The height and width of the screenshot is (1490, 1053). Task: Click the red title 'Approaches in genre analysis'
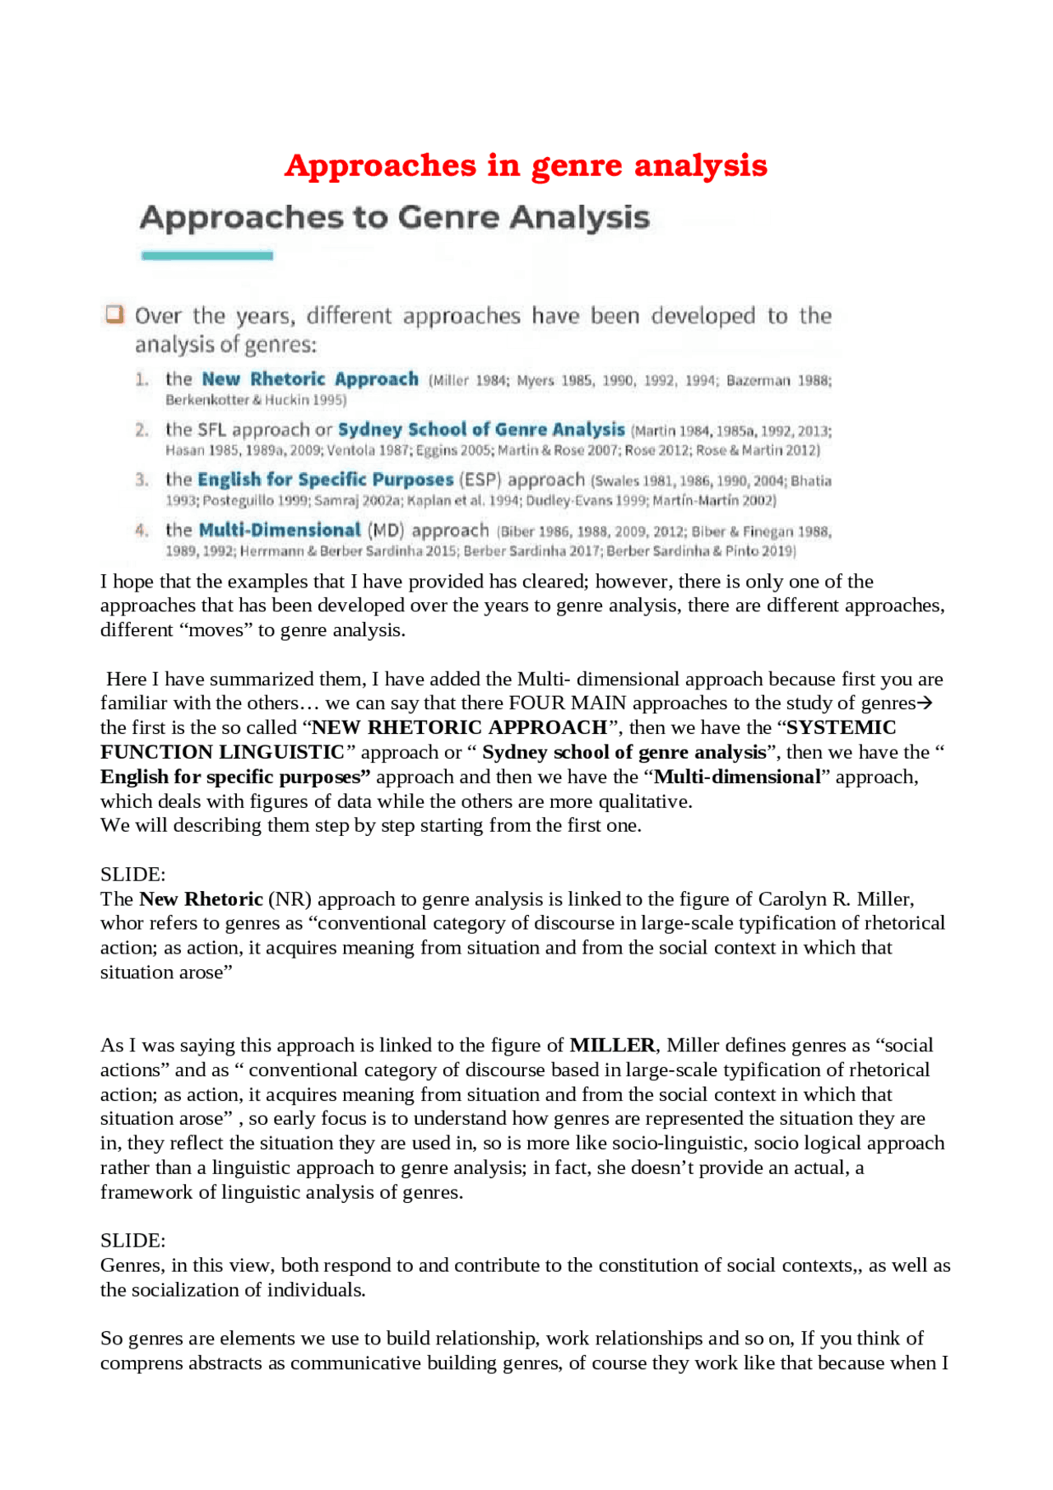pos(526,165)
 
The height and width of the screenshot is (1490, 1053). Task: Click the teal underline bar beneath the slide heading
pos(206,256)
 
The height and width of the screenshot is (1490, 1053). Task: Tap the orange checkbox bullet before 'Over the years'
pos(114,314)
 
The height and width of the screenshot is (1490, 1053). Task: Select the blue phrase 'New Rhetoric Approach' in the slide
pos(310,379)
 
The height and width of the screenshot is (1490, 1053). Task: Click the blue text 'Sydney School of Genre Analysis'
pos(481,429)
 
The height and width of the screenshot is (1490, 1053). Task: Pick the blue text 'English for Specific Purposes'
pos(325,480)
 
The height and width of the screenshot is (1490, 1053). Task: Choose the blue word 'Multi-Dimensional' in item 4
pos(280,530)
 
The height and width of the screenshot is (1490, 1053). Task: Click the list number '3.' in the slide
pos(142,480)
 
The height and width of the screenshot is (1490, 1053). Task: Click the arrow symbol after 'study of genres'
pos(925,703)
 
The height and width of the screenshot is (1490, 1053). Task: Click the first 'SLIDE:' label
pos(132,874)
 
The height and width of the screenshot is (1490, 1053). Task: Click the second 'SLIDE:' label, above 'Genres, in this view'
pos(132,1240)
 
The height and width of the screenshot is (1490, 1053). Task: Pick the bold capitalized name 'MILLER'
pos(612,1045)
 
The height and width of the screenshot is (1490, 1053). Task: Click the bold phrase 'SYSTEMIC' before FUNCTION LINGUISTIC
pos(841,727)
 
